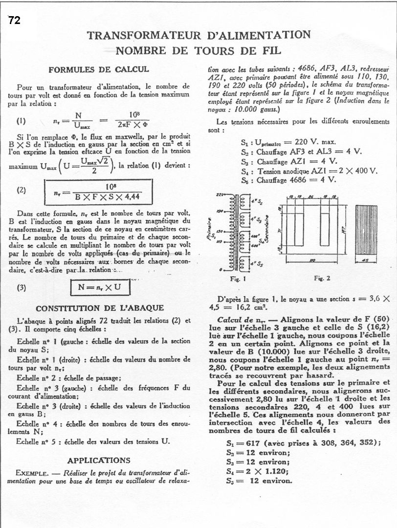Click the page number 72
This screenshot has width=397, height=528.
coord(14,22)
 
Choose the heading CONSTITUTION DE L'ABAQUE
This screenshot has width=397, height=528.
coord(100,308)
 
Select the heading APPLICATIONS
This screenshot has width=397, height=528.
coord(99,460)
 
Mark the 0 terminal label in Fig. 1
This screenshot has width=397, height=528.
coord(221,269)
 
